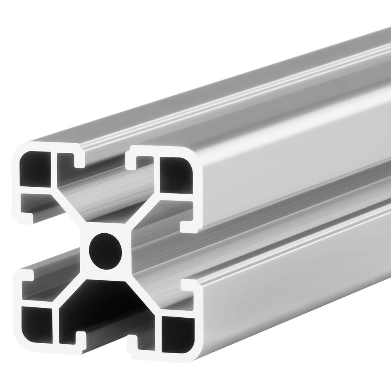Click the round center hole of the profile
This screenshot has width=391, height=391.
105,250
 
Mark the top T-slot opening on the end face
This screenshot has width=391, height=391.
105,160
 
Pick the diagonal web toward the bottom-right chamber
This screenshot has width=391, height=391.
143,294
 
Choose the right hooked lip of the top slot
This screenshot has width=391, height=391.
134,160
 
